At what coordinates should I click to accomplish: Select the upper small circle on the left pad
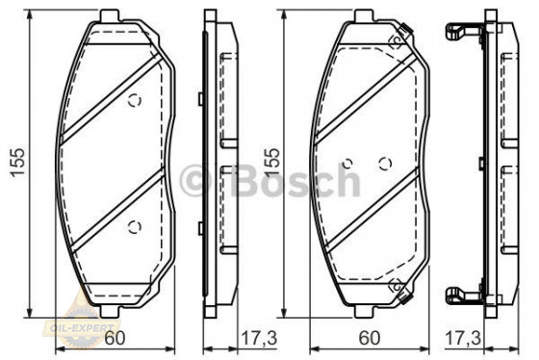134,100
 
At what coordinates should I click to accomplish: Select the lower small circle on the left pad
134,227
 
